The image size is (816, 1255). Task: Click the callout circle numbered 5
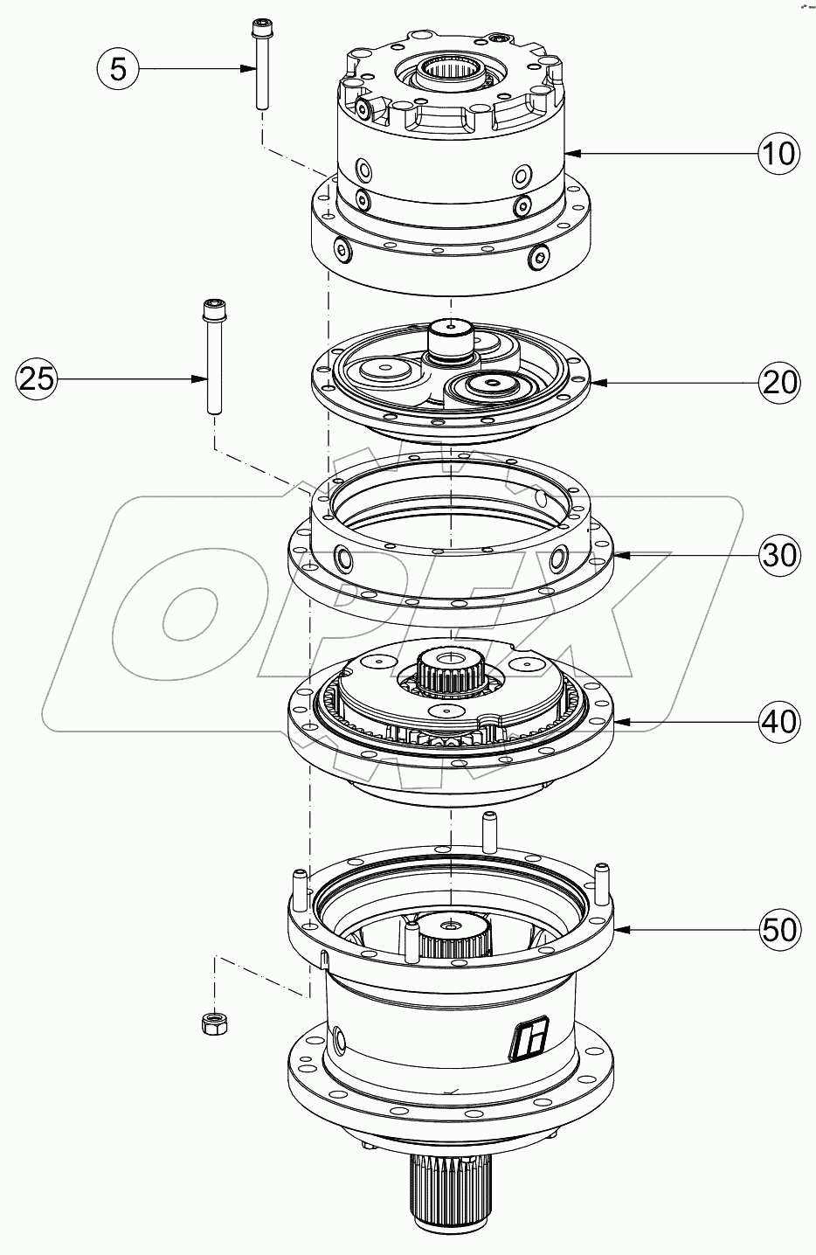click(119, 68)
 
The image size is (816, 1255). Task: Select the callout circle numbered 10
click(775, 153)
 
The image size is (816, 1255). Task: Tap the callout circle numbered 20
click(775, 382)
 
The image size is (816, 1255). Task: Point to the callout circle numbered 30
click(775, 554)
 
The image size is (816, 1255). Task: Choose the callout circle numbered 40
click(775, 721)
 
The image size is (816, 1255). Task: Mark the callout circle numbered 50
click(775, 928)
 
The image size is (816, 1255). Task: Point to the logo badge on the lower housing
click(527, 1037)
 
